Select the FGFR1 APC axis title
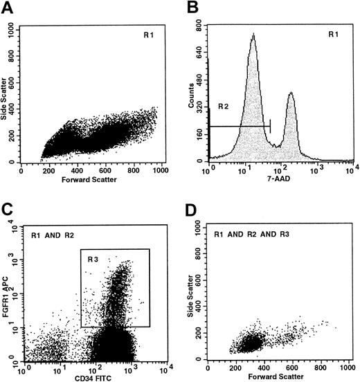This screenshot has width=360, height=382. point(6,290)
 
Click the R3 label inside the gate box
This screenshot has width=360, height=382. point(93,258)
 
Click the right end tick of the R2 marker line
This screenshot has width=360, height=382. point(271,126)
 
